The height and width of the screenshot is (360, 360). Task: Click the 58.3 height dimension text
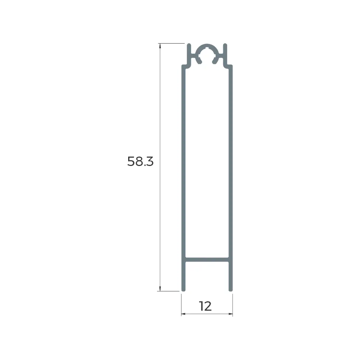click(140, 161)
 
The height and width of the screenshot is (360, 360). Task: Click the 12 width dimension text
click(205, 306)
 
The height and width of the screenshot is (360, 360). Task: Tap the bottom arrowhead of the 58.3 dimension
click(160, 289)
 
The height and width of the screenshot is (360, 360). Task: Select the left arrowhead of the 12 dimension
click(183, 314)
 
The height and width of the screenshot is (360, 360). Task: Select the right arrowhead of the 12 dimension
click(230, 314)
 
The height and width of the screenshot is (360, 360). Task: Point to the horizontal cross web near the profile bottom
click(207, 260)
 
